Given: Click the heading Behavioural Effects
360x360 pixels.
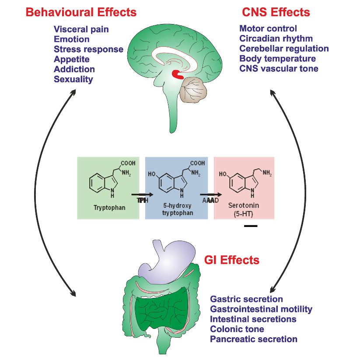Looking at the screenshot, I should (x=81, y=12).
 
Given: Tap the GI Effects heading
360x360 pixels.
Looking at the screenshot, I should (x=232, y=260).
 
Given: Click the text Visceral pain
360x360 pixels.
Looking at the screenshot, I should (x=81, y=30).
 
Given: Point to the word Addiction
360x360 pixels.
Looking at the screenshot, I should (x=74, y=69).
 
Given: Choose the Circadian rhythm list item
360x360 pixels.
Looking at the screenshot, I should (x=276, y=38).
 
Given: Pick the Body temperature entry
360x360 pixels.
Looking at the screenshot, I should (x=277, y=59).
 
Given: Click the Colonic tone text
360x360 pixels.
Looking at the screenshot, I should (x=237, y=329).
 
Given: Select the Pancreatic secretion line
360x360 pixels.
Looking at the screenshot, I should (x=254, y=339).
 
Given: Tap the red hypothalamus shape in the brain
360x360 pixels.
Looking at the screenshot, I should (x=178, y=74).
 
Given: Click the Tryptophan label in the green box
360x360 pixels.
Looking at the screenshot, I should (x=109, y=208).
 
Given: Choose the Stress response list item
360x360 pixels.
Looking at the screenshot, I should (x=88, y=49).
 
